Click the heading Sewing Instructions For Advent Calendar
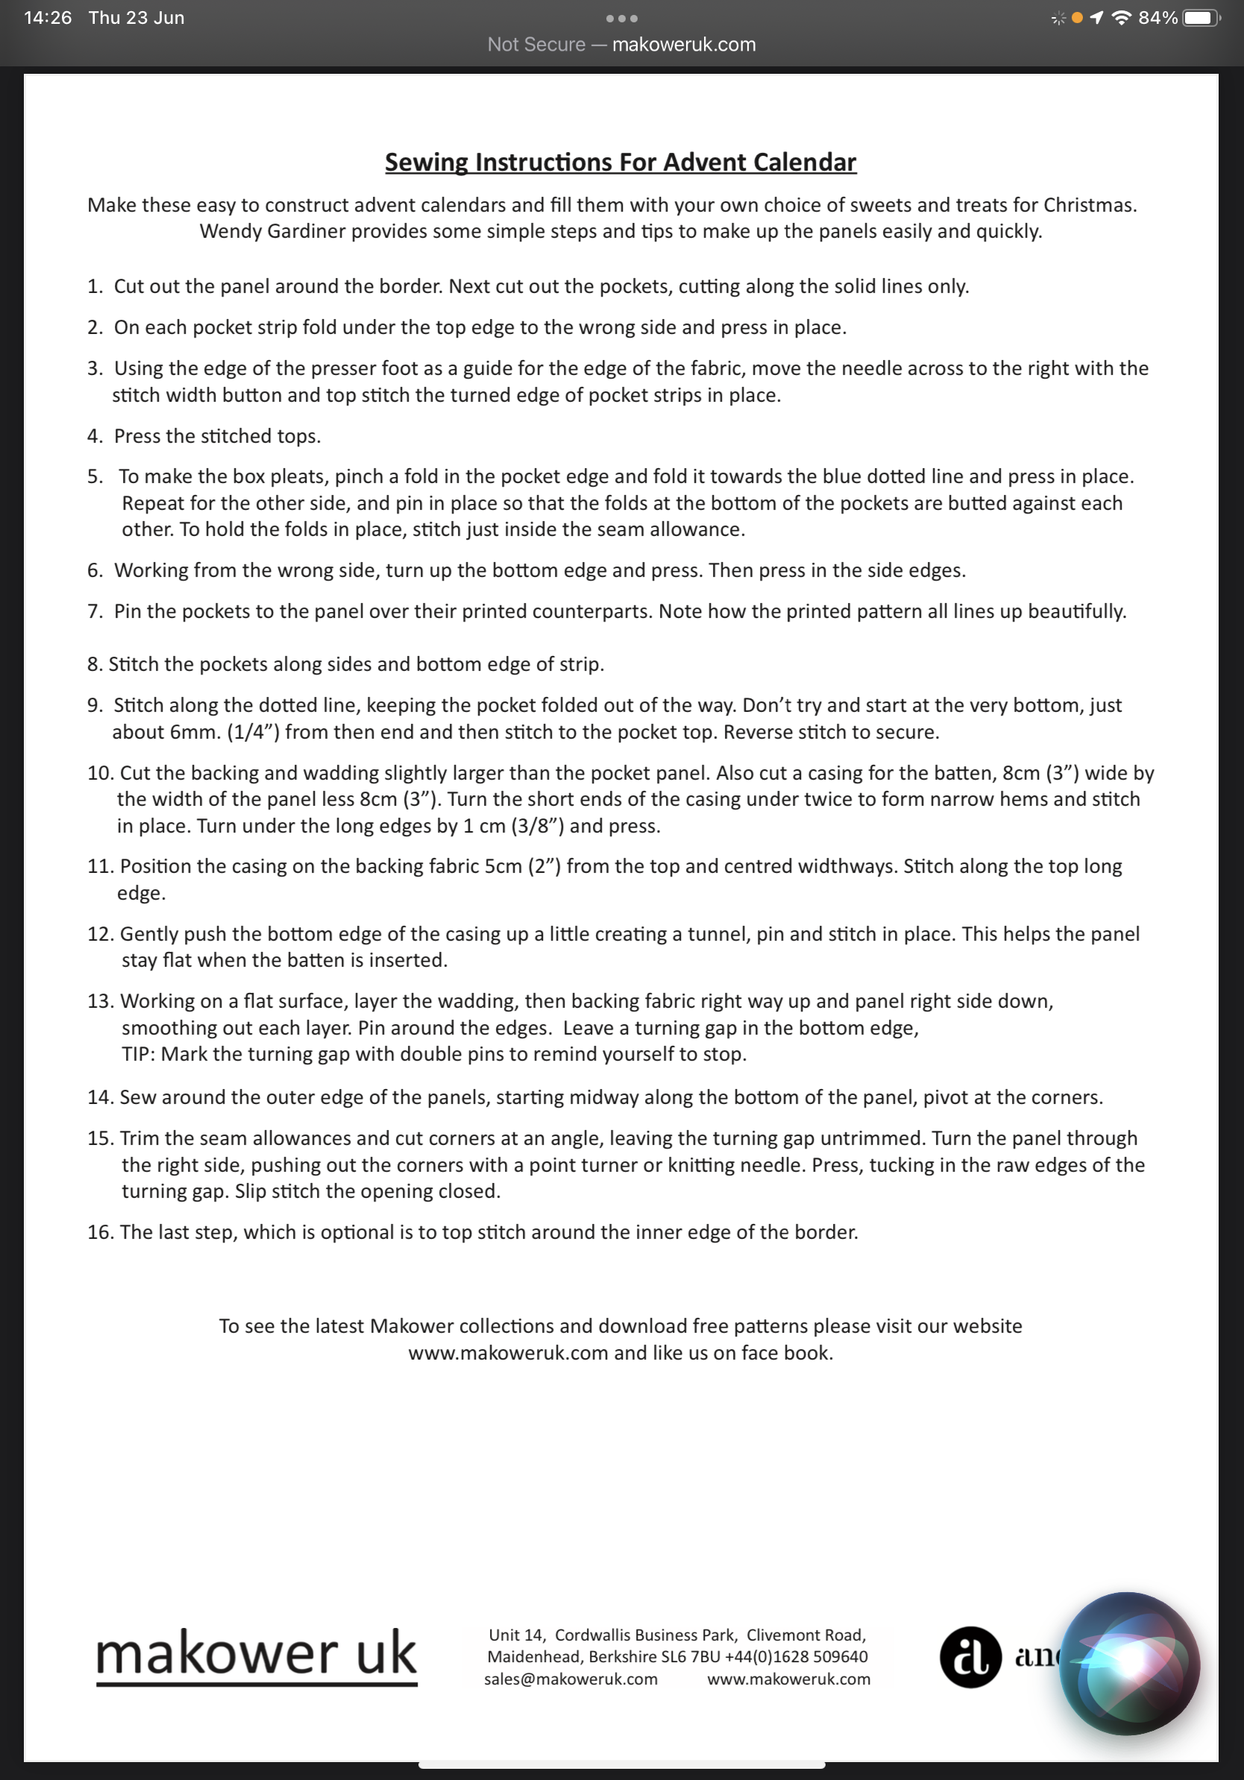pyautogui.click(x=621, y=162)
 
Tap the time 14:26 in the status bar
pyautogui.click(x=48, y=18)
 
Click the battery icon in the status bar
pyautogui.click(x=1200, y=18)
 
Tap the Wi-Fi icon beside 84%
pyautogui.click(x=1121, y=18)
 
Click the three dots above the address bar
pyautogui.click(x=621, y=19)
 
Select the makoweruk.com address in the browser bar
pyautogui.click(x=683, y=45)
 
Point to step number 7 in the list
pyautogui.click(x=95, y=612)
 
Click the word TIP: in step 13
pyautogui.click(x=139, y=1054)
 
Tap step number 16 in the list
pyautogui.click(x=100, y=1232)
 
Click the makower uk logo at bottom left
pyautogui.click(x=256, y=1655)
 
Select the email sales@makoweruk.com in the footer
pyautogui.click(x=571, y=1679)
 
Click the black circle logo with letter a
pyautogui.click(x=970, y=1657)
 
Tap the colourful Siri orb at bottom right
pyautogui.click(x=1129, y=1664)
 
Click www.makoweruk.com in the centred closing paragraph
pyautogui.click(x=508, y=1353)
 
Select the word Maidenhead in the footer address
pyautogui.click(x=534, y=1657)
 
